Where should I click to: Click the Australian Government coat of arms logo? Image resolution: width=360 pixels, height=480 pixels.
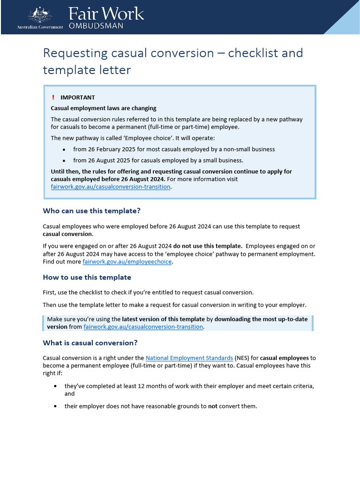click(x=40, y=15)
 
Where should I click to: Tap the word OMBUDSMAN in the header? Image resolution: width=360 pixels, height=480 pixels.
click(x=96, y=26)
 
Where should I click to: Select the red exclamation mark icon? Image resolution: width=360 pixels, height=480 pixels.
click(x=53, y=97)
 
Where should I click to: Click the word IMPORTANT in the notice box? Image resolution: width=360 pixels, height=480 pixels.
click(x=77, y=97)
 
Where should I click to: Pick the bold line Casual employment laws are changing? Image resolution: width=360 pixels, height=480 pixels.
click(x=104, y=108)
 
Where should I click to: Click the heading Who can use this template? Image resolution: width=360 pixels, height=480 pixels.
click(x=91, y=211)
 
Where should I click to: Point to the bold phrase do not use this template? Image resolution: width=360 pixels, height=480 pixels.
click(x=208, y=246)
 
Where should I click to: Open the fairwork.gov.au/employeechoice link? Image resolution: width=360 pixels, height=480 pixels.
click(x=127, y=262)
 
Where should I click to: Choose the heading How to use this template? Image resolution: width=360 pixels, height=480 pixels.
click(x=87, y=277)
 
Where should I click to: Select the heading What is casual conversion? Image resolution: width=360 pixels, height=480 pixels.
click(x=90, y=343)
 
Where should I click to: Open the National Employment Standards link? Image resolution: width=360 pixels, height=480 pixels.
click(x=189, y=358)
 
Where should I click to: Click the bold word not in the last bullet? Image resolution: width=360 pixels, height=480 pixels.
click(x=212, y=406)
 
